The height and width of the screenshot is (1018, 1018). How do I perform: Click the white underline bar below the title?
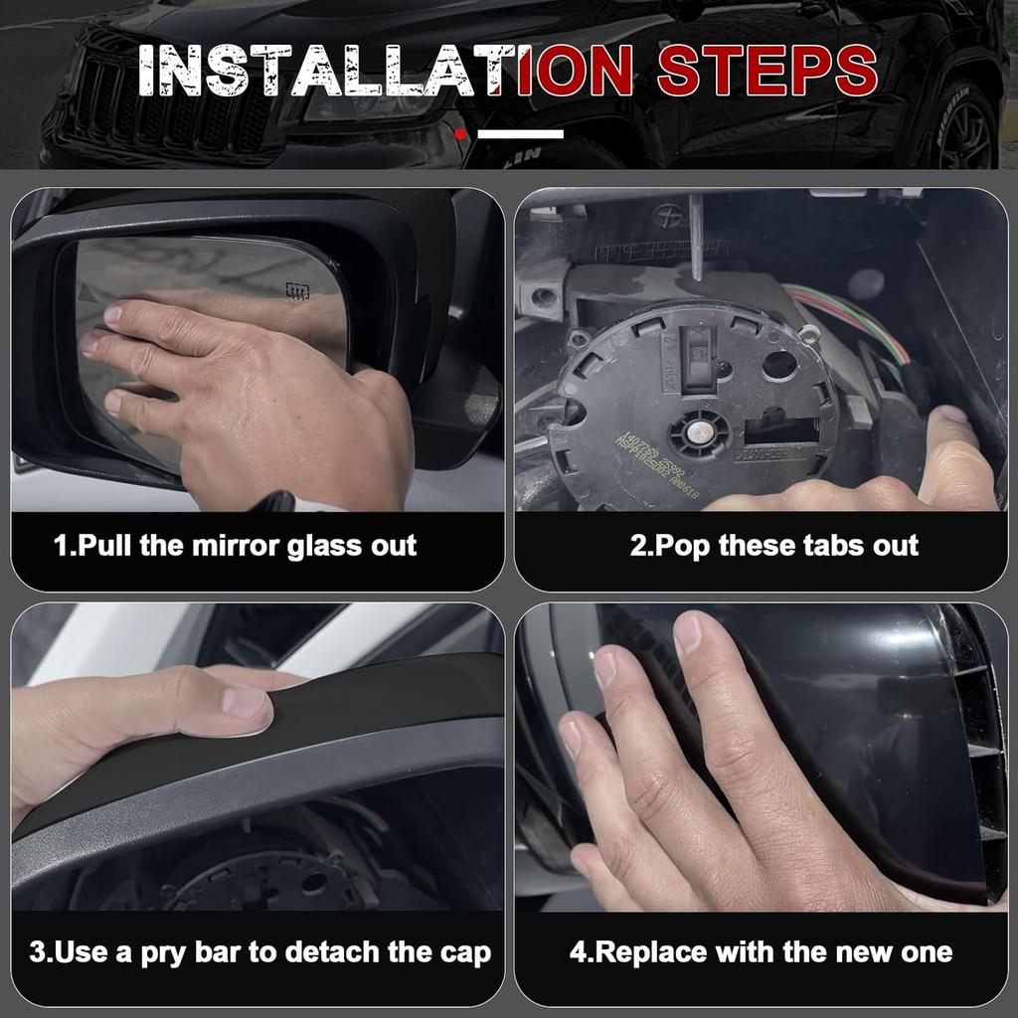click(x=520, y=133)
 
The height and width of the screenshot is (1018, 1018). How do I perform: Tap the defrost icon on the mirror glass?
click(x=296, y=291)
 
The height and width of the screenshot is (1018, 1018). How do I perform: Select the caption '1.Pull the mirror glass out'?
click(x=236, y=546)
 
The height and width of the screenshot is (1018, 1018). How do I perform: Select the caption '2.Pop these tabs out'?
click(x=774, y=546)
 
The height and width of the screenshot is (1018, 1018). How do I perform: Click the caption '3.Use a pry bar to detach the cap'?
click(x=259, y=952)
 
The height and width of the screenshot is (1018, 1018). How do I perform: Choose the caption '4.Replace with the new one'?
click(x=761, y=952)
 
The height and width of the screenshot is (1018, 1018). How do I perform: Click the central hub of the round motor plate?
click(x=699, y=431)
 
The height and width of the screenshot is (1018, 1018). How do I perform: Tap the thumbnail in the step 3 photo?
click(x=245, y=703)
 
